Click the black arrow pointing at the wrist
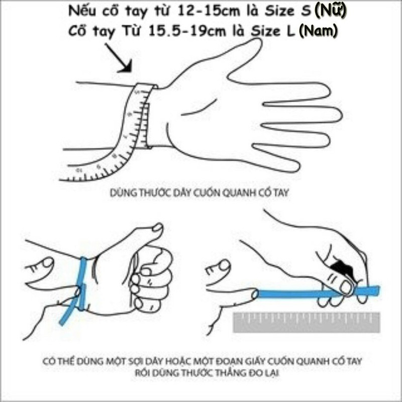click(119, 59)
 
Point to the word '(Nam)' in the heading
click(318, 31)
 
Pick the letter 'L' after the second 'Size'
click(291, 31)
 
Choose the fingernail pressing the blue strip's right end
click(346, 286)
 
